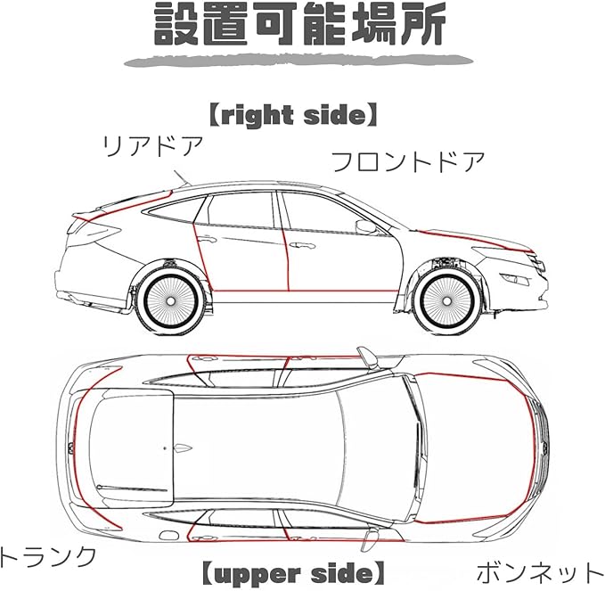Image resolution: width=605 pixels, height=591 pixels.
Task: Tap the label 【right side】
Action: [293, 115]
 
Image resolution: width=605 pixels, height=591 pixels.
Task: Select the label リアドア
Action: [153, 145]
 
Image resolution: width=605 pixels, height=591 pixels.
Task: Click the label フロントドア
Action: [408, 162]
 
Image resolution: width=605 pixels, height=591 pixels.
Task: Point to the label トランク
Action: [46, 557]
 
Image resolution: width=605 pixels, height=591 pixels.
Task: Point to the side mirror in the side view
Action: [366, 226]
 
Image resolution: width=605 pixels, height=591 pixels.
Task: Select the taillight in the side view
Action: [90, 230]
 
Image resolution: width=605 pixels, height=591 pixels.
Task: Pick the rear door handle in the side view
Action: [207, 240]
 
